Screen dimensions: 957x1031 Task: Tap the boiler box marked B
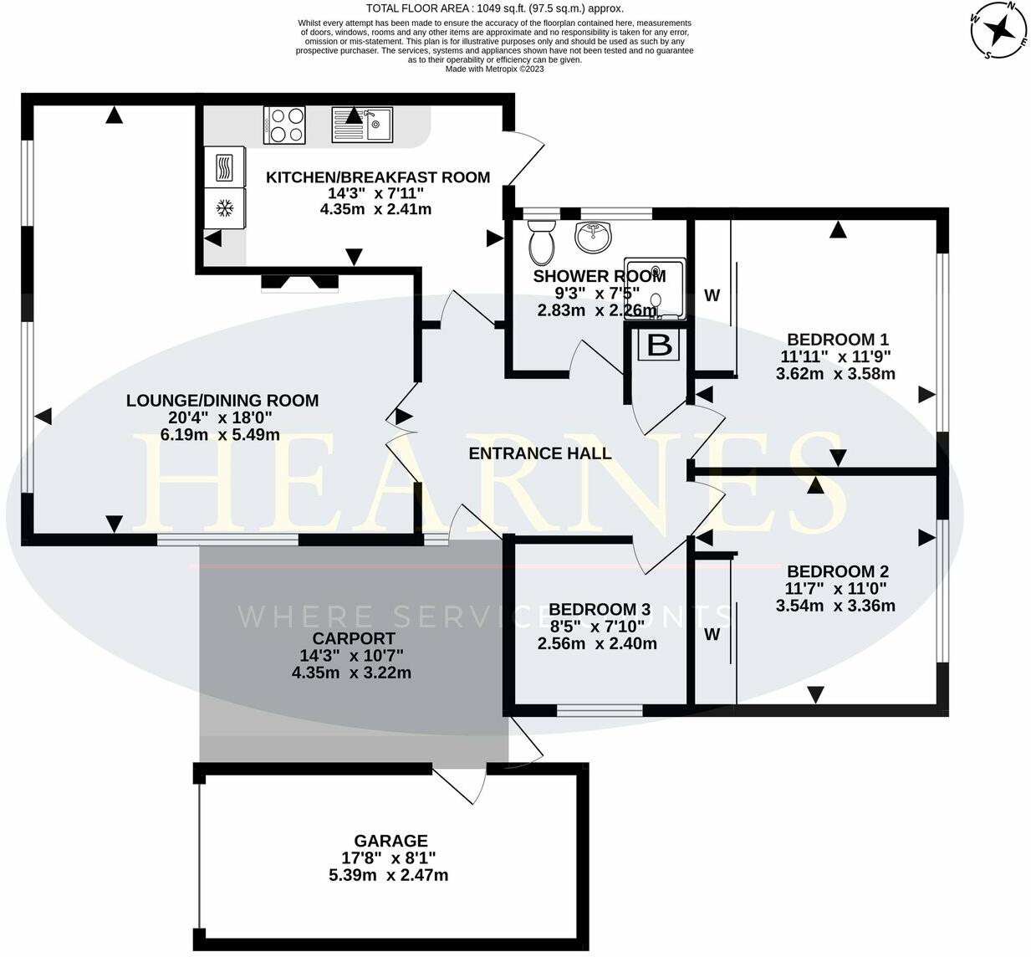(660, 345)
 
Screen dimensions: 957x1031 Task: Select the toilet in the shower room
(542, 241)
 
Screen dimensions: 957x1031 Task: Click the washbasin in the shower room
(594, 237)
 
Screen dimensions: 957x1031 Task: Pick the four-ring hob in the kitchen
(284, 125)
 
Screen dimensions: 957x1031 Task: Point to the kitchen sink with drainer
(362, 125)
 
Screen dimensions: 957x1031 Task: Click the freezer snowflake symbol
(224, 207)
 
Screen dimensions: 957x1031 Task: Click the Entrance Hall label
(539, 453)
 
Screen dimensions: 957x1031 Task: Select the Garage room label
(390, 841)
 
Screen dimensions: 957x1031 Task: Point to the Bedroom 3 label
(599, 609)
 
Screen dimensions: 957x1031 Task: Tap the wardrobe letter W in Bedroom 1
(712, 295)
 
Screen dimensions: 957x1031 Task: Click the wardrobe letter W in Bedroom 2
(712, 635)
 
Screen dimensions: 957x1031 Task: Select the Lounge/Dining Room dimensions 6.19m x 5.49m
(221, 435)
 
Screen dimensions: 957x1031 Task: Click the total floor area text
(494, 8)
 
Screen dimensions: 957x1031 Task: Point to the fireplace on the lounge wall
(300, 284)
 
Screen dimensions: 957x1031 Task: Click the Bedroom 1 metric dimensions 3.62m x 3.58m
(835, 374)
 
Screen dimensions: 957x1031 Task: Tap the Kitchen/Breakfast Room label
(377, 177)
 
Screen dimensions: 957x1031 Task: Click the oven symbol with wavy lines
(224, 166)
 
